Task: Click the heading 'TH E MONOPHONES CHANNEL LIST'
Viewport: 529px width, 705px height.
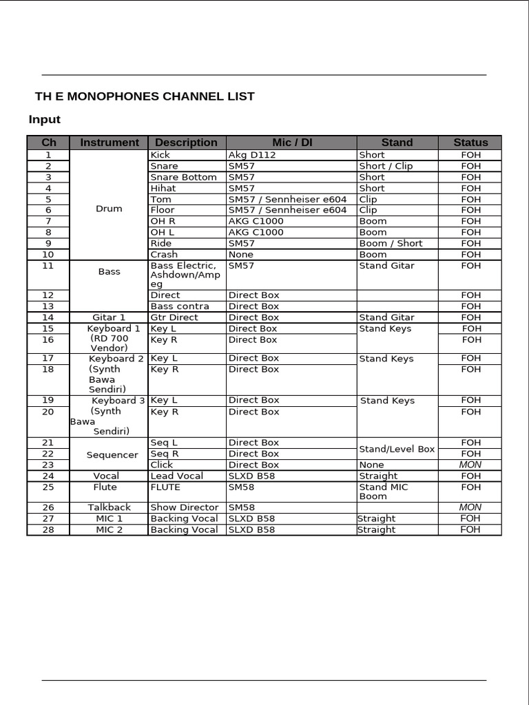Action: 145,96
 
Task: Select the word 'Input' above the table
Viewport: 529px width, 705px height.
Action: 45,120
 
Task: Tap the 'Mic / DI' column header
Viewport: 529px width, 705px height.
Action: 292,143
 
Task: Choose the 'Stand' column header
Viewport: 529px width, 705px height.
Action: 397,143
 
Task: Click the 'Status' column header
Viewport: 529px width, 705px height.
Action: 470,143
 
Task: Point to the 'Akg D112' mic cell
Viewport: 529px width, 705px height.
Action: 252,155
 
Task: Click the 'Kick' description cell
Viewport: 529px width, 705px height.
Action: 160,155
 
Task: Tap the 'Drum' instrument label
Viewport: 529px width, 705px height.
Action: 109,209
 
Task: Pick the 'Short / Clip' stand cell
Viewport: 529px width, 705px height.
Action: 386,166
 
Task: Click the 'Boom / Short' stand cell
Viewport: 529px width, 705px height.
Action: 391,243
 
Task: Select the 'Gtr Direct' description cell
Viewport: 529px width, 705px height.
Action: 174,317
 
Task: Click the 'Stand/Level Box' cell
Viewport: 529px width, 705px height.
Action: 397,449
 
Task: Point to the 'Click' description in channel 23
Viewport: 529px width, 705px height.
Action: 161,465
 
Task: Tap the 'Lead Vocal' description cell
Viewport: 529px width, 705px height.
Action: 176,476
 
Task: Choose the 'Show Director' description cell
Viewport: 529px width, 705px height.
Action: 184,507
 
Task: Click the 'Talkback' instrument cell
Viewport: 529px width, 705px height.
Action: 109,507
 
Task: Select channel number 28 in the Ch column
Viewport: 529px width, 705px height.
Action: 48,529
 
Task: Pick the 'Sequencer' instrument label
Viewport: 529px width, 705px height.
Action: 112,455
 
